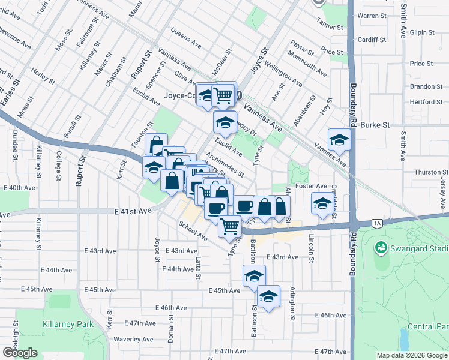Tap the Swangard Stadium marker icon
380,247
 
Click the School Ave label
193,230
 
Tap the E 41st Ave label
133,211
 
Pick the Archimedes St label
224,164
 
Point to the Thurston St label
427,172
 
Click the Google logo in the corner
20,353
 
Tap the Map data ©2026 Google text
412,355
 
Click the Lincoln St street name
312,243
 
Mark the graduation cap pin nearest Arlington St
268,296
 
